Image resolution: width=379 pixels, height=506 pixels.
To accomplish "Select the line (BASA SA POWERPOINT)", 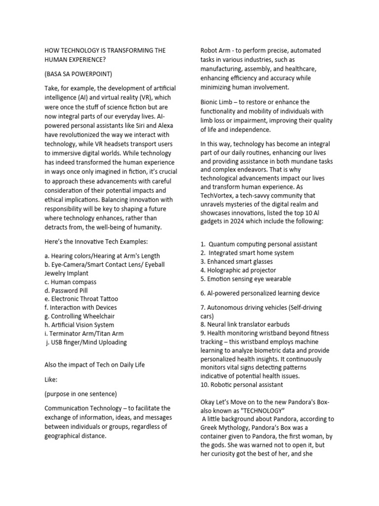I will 78,74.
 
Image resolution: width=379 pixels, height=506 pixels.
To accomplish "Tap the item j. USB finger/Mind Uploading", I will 86,342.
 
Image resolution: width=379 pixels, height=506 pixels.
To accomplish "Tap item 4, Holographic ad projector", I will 238,270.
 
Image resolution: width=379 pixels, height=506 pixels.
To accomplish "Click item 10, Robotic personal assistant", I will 241,384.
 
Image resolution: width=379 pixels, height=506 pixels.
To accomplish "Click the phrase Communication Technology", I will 93,408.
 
